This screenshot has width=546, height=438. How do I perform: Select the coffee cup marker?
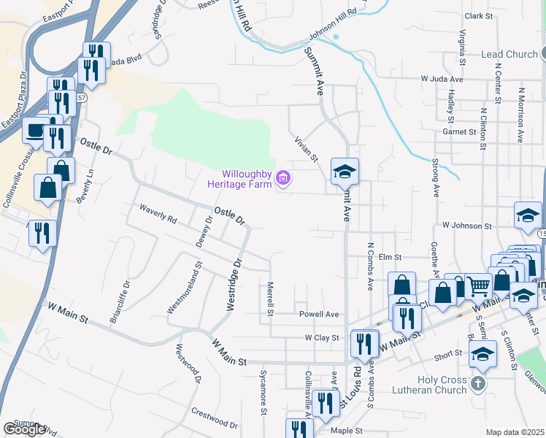coord(35,131)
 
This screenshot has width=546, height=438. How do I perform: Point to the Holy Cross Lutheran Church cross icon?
coord(477,384)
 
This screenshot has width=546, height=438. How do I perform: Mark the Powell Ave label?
coord(319,315)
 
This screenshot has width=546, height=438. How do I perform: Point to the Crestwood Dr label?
coord(213,418)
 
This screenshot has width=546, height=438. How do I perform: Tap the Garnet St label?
coord(458,132)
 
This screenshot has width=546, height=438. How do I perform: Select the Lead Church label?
coord(509,54)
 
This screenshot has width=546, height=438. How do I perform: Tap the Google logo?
coord(24,429)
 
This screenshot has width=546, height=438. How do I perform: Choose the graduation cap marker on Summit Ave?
coord(345,172)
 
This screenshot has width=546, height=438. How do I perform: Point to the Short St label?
coord(448,356)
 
